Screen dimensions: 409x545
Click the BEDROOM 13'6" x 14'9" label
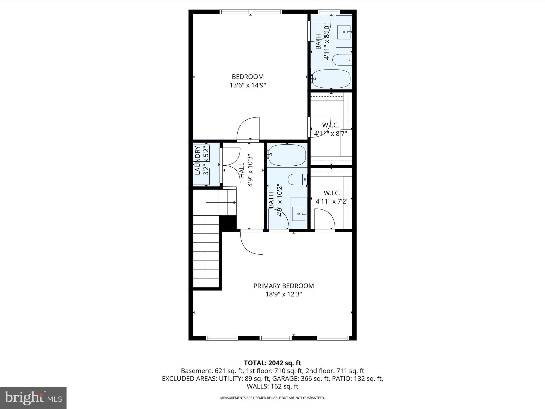click(248, 81)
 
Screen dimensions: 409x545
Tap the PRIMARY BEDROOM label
click(283, 286)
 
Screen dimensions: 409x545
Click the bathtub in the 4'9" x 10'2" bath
click(287, 155)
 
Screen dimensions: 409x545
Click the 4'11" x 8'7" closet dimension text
click(331, 134)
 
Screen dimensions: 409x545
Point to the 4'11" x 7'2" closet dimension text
click(332, 201)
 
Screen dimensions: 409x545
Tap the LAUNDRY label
click(198, 161)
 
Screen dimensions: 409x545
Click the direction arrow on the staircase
click(234, 203)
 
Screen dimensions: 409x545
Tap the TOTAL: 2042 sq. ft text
click(272, 363)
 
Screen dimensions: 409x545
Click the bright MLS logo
click(33, 398)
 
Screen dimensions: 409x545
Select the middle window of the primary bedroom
click(276, 338)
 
